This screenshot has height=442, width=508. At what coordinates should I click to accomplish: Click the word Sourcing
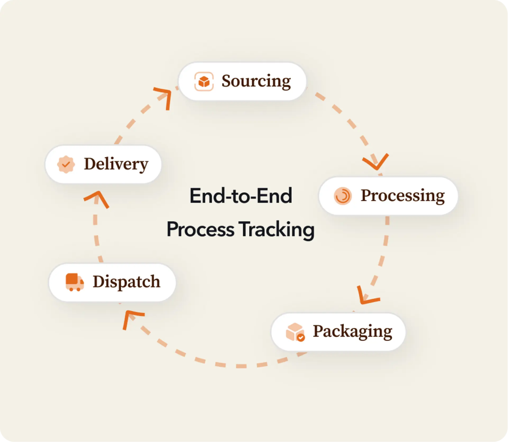(x=256, y=81)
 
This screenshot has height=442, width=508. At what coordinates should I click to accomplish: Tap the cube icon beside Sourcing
(x=204, y=81)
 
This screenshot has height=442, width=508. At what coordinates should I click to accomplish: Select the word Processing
(x=403, y=196)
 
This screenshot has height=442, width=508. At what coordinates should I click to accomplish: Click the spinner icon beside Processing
(x=342, y=196)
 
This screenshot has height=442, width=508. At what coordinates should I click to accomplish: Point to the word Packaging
(x=353, y=332)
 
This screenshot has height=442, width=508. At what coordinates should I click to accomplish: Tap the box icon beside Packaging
(x=295, y=332)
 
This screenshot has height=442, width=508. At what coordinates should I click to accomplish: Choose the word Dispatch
(x=126, y=282)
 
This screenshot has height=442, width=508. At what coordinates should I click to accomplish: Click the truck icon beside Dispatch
(x=75, y=282)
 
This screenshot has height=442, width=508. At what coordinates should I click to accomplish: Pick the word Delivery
(x=116, y=164)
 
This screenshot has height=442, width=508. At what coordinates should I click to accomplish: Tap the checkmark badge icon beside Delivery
(x=66, y=164)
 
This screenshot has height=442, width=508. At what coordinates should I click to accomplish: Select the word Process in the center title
(x=200, y=230)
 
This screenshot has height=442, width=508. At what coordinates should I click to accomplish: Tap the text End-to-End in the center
(x=241, y=196)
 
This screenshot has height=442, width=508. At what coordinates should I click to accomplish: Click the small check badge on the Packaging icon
(x=301, y=338)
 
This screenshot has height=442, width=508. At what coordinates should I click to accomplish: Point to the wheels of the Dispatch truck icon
(x=75, y=289)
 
